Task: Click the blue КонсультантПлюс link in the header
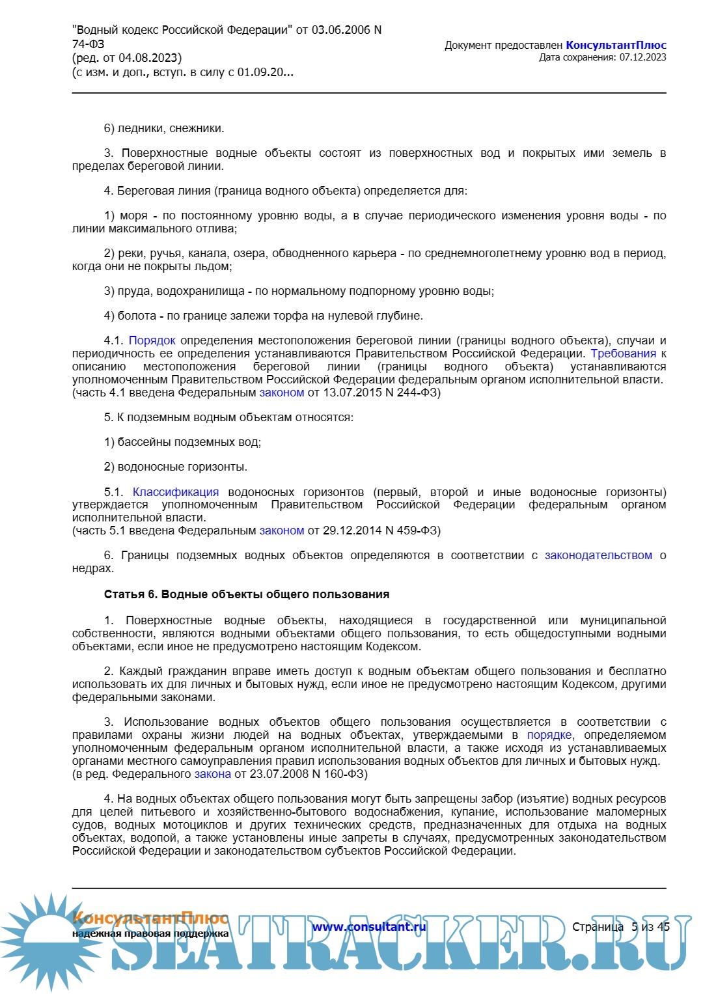[x=616, y=45]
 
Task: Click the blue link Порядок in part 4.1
[x=152, y=340]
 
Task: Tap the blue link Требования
[x=623, y=353]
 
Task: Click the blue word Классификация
[x=176, y=492]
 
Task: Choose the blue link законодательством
[x=598, y=555]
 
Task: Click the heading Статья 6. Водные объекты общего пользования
[x=247, y=594]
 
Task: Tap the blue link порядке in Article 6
[x=549, y=735]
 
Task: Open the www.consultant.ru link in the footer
[x=369, y=926]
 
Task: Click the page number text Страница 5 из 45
[x=620, y=926]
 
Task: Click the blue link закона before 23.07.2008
[x=213, y=774]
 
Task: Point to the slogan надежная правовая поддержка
[x=150, y=933]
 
